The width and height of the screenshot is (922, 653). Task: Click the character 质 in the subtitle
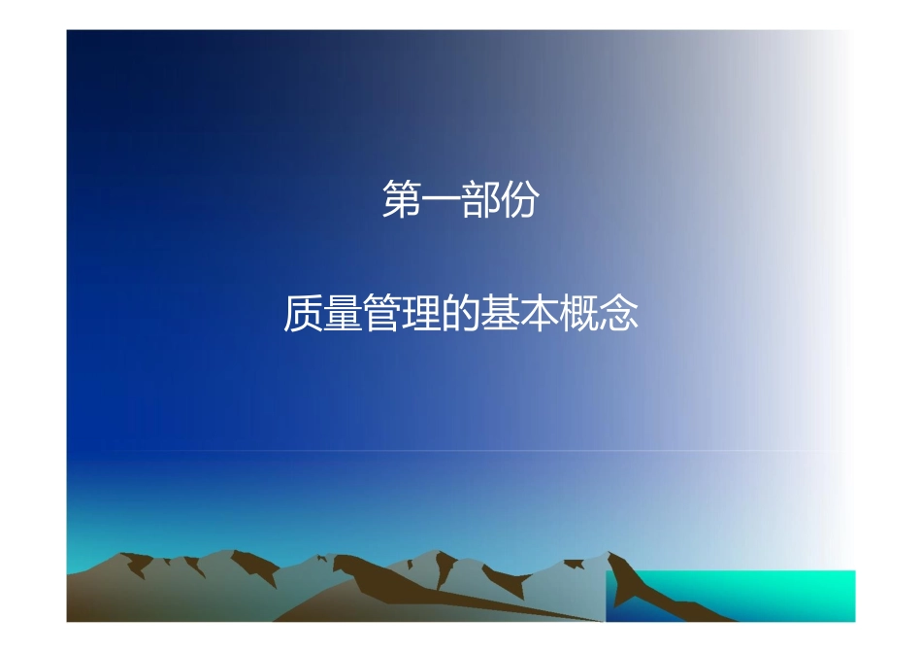pyautogui.click(x=303, y=314)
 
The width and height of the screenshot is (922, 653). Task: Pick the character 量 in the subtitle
pyautogui.click(x=343, y=314)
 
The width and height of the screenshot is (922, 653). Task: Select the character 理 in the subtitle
pyautogui.click(x=421, y=314)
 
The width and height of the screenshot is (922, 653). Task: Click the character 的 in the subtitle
pyautogui.click(x=461, y=314)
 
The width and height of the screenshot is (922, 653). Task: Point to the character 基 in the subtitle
pyautogui.click(x=500, y=314)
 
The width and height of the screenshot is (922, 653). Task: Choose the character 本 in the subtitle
pyautogui.click(x=540, y=314)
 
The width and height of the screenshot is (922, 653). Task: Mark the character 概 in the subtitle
pyautogui.click(x=579, y=314)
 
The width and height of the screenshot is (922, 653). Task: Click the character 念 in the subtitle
pyautogui.click(x=618, y=314)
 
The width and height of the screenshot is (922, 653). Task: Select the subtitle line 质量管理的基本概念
pyautogui.click(x=461, y=314)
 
